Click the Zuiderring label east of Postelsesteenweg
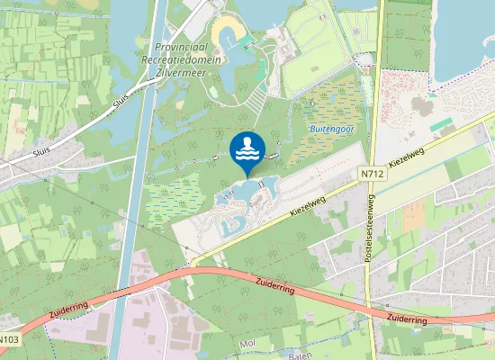coord(406,319)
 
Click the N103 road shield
coord(8,339)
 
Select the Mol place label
coord(248,344)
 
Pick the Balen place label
coord(299,355)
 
